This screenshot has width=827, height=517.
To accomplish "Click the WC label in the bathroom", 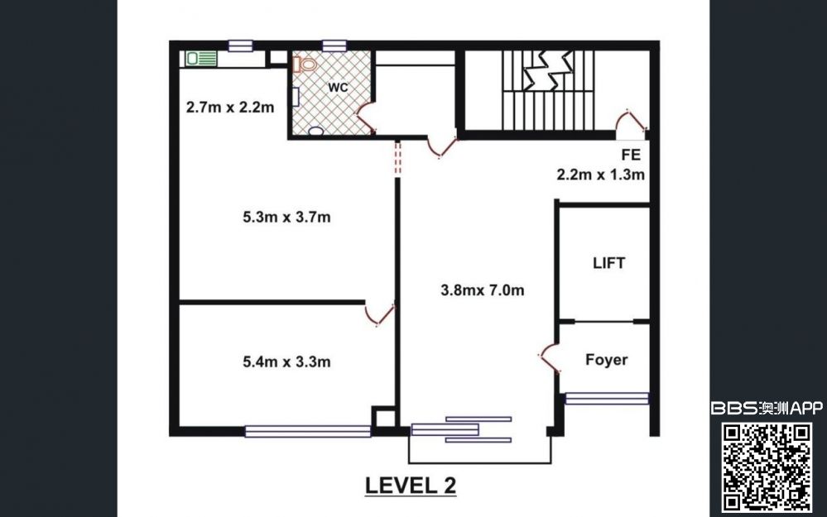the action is tap(338, 88).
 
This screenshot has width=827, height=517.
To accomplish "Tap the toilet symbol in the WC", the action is tap(305, 65).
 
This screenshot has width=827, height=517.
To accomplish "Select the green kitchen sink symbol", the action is tap(201, 59).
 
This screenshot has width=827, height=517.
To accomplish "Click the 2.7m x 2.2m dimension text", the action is tap(230, 108).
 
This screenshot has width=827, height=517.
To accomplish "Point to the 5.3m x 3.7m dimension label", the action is tap(286, 217).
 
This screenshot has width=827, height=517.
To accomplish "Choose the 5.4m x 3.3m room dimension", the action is tap(286, 362).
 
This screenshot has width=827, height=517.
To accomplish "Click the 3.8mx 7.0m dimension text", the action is tap(483, 290).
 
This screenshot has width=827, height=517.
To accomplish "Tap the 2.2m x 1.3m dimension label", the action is tap(601, 175).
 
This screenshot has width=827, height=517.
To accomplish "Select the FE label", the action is tap(631, 155).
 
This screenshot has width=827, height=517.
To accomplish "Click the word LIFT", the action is tap(608, 263).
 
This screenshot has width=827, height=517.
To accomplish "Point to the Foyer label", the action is tap(607, 360).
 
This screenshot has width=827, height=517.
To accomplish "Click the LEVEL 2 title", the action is tap(411, 486).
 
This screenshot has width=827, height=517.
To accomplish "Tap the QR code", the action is tap(767, 467).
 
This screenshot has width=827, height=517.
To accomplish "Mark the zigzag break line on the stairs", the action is tap(549, 69).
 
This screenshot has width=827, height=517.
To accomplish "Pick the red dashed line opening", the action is tap(397, 158).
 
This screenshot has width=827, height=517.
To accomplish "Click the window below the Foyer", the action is tap(607, 399).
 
